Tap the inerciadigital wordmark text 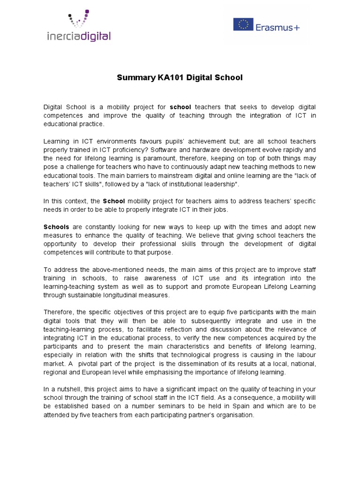point(78,36)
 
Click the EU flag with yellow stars point(243,24)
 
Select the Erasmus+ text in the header point(277,27)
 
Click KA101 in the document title point(168,77)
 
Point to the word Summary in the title point(133,77)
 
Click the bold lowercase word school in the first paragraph point(180,107)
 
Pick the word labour point(306,355)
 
